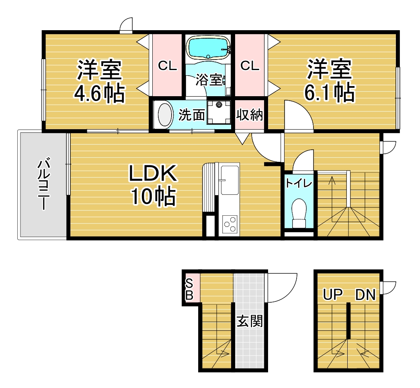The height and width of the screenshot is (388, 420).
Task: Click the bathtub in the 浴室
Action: click(208, 47)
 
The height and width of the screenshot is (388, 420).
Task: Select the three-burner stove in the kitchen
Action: click(229, 224)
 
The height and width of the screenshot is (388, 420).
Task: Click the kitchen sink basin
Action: click(229, 180)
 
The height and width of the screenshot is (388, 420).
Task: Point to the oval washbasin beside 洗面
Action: click(165, 115)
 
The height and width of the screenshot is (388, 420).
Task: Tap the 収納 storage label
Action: click(249, 115)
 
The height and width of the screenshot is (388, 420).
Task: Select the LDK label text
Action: click(153, 173)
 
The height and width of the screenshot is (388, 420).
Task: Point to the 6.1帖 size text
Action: click(330, 93)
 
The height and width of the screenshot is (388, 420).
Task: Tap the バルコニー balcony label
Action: click(43, 185)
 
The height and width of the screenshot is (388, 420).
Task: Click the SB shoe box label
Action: click(189, 289)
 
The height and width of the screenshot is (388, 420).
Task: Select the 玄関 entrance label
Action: click(250, 321)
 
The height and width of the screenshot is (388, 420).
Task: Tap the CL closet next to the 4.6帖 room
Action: click(167, 65)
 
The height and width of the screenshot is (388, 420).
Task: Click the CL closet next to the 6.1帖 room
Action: click(250, 65)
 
